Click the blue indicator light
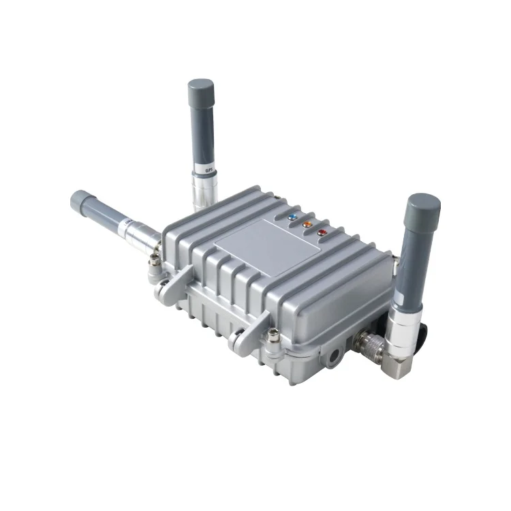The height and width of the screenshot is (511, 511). point(293,217)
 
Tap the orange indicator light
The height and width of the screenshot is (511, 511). point(307,223)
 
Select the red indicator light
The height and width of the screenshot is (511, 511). point(322,232)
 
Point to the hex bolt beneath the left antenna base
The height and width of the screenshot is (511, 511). point(156,263)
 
